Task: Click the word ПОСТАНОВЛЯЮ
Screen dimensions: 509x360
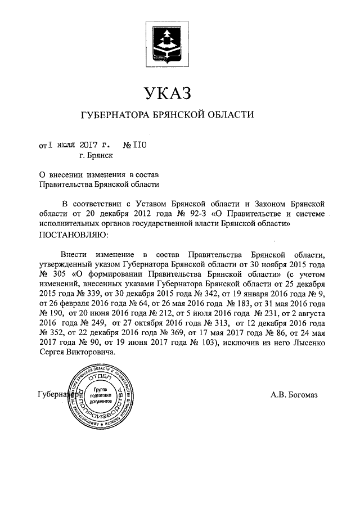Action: click(71, 233)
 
